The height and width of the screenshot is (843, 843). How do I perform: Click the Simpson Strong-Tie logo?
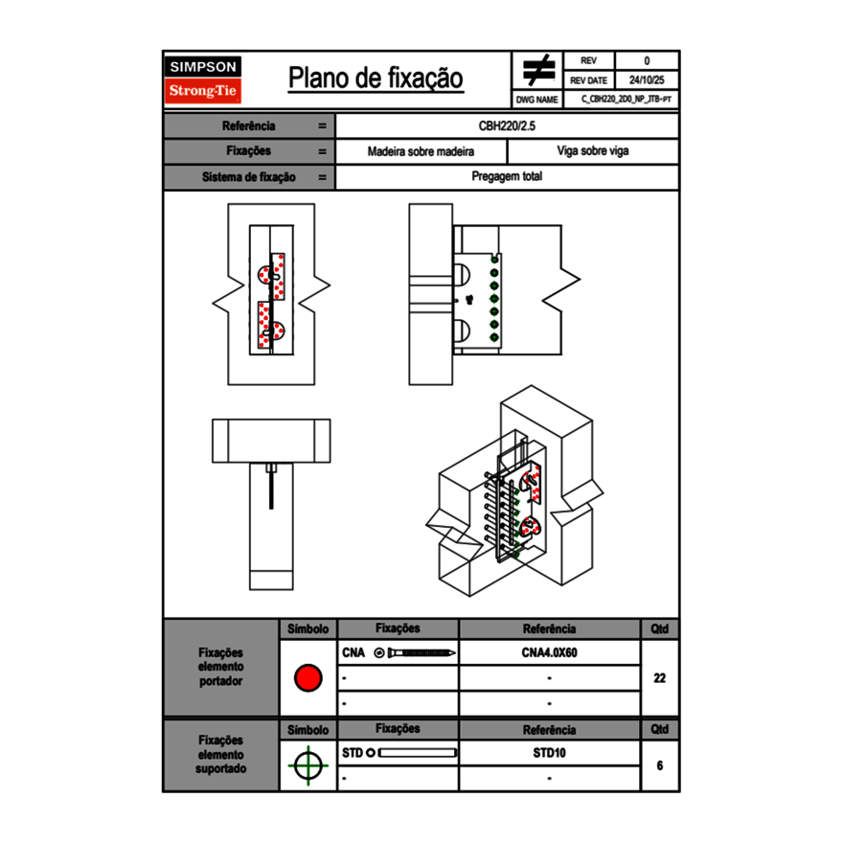point(204,80)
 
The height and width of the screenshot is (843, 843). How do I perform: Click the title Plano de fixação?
point(376,79)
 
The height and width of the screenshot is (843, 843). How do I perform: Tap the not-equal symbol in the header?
point(538,71)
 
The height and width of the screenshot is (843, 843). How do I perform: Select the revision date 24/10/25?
point(647,80)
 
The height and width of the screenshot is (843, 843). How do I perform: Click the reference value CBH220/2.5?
point(507,125)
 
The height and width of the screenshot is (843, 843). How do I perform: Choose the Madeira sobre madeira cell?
point(421,151)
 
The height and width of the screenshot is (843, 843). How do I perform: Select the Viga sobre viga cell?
point(592,151)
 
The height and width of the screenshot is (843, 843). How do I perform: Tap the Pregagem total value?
point(507,177)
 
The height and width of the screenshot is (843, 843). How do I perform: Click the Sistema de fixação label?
point(249,177)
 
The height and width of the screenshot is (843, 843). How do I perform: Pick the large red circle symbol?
point(308,678)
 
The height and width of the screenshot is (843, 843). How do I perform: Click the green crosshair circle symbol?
point(308,765)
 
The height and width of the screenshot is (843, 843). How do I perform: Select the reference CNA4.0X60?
point(549,652)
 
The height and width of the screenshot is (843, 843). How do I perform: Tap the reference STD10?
point(549,753)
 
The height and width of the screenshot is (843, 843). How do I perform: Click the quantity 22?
point(659,678)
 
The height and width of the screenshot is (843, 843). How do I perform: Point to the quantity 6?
point(659,765)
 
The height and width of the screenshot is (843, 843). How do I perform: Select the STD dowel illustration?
point(418,753)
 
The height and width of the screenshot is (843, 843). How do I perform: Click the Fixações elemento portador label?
point(220,667)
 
